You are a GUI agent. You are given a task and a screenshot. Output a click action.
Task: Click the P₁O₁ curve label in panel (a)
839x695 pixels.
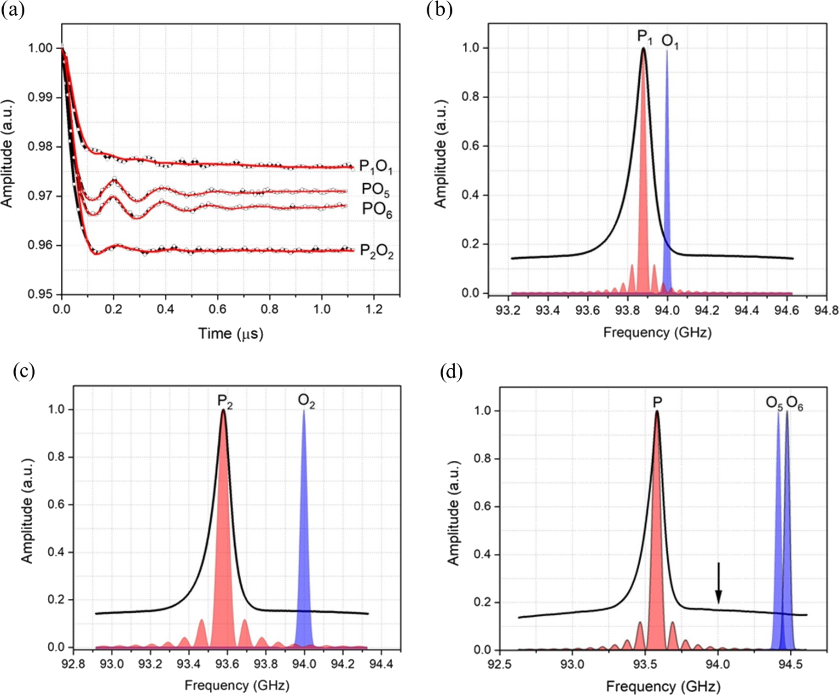coord(376,167)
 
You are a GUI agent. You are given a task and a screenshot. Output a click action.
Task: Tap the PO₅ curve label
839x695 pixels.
coord(376,189)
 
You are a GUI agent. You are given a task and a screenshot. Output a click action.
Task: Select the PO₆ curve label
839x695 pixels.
coord(377,209)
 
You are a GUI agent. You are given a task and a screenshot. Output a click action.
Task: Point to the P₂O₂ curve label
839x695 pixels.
coord(376,251)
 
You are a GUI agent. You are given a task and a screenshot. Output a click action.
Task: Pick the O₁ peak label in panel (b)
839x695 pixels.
coord(670,42)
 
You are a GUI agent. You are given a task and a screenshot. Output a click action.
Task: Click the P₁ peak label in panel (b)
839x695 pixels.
coord(644,37)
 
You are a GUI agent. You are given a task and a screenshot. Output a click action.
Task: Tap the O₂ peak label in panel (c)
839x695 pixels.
coord(307,401)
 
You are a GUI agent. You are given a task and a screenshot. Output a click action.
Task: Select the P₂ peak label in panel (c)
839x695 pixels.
coord(225,401)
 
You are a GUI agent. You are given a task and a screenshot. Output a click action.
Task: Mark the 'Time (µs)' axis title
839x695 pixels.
coord(231,333)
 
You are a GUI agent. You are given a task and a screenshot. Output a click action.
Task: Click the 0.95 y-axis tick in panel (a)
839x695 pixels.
coord(41,294)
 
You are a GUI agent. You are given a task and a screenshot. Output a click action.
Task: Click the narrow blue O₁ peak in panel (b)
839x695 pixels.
coord(667,184)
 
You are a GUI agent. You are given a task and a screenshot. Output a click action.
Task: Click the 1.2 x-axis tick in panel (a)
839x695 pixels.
coord(374,309)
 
